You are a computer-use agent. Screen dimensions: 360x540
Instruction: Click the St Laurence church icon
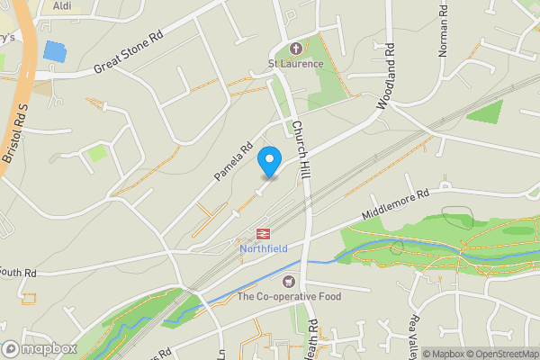294,48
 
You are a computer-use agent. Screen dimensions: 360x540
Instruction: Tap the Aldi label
62,5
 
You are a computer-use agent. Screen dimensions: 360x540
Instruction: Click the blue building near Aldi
55,51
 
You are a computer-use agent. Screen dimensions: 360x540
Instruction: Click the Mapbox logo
38,348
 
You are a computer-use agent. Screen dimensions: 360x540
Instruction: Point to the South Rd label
17,271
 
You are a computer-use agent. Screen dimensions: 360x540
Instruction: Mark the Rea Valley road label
415,334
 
